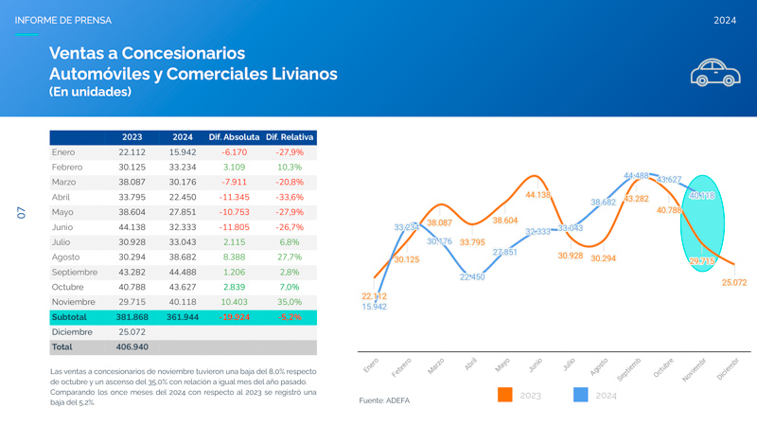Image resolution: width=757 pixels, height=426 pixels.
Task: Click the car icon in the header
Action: [715, 72]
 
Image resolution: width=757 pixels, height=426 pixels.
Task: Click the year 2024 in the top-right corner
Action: [725, 20]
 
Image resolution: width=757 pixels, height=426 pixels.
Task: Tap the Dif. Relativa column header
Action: [290, 137]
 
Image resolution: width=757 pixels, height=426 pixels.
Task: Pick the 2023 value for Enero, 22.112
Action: [132, 152]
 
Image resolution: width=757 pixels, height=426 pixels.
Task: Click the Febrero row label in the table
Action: [67, 168]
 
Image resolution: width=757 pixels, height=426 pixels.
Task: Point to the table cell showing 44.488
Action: [183, 272]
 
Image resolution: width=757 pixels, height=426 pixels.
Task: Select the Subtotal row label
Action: [69, 317]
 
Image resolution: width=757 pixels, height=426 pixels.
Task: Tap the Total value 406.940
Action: [132, 347]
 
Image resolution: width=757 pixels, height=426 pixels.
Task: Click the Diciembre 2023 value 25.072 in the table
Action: [132, 332]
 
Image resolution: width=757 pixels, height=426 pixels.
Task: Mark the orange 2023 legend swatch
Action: [504, 395]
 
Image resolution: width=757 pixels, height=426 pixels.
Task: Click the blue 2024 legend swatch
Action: [581, 395]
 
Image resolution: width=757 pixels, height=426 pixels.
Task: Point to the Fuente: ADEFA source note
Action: [384, 400]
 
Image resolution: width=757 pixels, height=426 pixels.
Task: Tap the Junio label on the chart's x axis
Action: [535, 365]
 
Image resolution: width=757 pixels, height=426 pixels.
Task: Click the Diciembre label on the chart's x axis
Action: [727, 369]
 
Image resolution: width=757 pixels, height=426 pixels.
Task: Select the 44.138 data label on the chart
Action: [537, 195]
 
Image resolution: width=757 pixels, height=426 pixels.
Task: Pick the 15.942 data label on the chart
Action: [374, 307]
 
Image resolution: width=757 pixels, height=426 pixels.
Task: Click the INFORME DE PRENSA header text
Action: [62, 20]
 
